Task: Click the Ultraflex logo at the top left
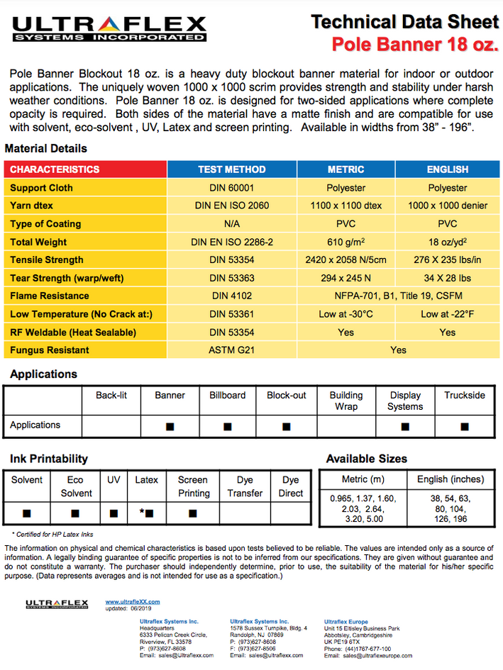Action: [x=109, y=28]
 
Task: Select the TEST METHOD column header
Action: [x=231, y=169]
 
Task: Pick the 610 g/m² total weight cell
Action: [x=346, y=242]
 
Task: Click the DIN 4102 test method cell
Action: [x=231, y=296]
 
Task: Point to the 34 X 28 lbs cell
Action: [x=447, y=278]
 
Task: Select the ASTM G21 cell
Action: [x=231, y=350]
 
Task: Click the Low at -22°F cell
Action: [x=447, y=314]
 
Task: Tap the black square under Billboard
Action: [x=228, y=426]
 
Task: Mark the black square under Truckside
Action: [x=465, y=426]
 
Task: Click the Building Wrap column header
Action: [x=346, y=401]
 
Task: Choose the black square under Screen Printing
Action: [x=192, y=513]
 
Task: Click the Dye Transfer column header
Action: [x=245, y=486]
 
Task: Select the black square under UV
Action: [x=114, y=513]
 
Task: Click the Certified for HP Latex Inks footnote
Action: [x=52, y=534]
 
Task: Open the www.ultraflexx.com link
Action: [x=133, y=602]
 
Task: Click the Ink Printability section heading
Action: [x=49, y=459]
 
